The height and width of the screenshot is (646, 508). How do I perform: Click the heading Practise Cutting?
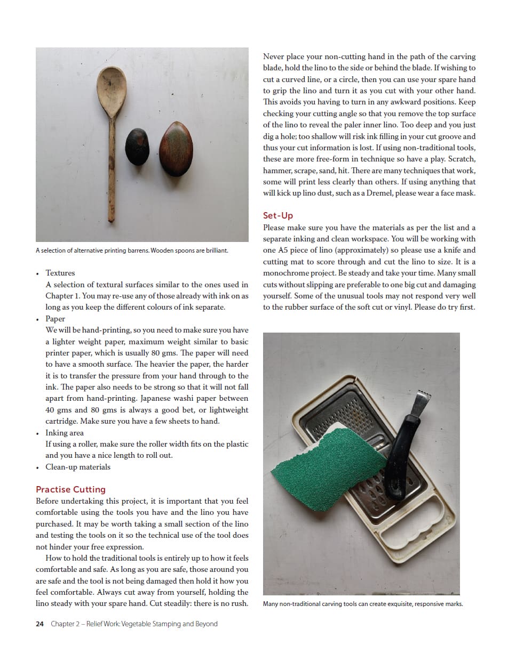[x=70, y=489]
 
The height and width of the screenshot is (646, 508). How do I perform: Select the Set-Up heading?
[x=278, y=215]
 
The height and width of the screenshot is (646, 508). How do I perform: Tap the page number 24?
[x=39, y=624]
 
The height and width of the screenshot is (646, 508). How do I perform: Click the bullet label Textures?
[x=60, y=273]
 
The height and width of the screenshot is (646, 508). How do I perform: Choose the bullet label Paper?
[x=55, y=319]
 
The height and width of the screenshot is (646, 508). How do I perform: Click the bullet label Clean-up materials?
[x=78, y=467]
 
